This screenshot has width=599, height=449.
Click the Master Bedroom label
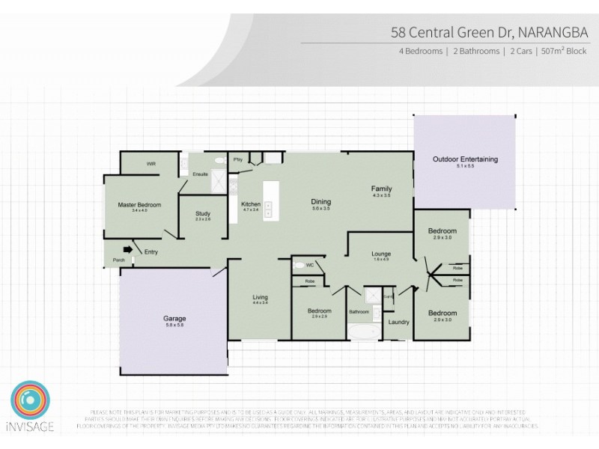coord(139,204)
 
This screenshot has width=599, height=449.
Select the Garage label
coord(174,319)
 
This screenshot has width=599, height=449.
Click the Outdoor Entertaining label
coord(465,159)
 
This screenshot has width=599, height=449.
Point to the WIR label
coord(150,163)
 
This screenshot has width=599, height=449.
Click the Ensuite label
coord(200,174)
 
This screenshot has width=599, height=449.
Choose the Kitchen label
coord(250,204)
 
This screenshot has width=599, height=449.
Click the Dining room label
coord(321,201)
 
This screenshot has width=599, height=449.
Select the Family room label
coord(382,189)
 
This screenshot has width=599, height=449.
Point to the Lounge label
coord(382,254)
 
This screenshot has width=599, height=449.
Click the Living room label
coord(260,298)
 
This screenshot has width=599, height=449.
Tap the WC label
coord(299,265)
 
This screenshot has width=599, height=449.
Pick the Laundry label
coord(398,322)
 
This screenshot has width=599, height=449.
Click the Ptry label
coord(238,159)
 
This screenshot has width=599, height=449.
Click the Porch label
coord(118,260)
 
